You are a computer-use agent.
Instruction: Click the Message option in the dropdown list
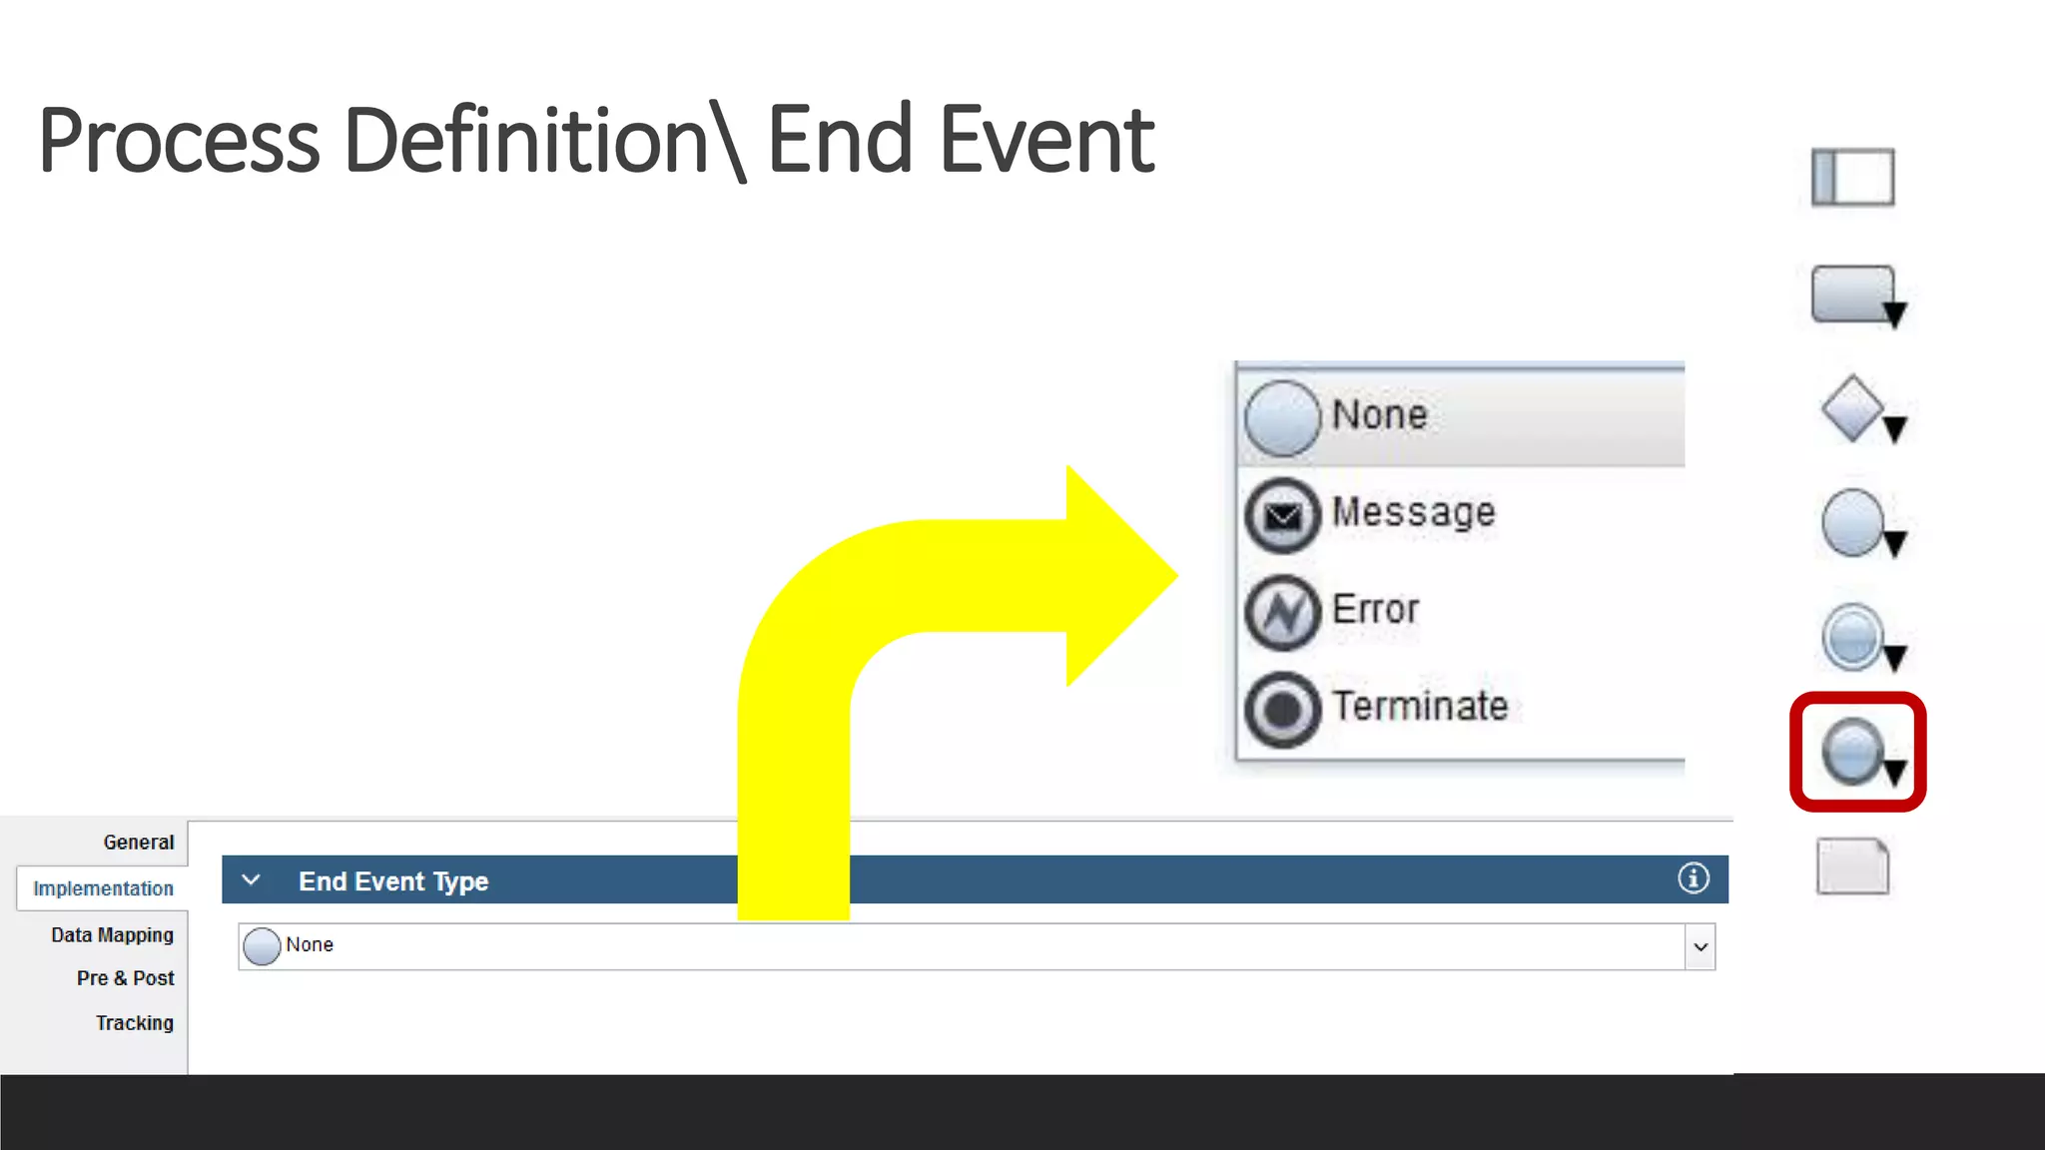1413,513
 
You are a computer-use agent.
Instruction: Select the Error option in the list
1375,610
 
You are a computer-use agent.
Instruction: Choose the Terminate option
1419,707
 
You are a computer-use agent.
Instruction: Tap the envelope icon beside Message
1283,515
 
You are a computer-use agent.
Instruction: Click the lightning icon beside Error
1283,612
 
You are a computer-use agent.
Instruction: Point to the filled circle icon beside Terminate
1283,710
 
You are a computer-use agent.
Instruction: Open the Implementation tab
103,888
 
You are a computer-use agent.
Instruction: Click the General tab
138,843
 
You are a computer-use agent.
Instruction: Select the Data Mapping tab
112,935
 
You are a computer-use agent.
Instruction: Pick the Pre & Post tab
125,978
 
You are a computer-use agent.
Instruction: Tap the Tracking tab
134,1023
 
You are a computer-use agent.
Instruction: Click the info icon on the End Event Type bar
1693,878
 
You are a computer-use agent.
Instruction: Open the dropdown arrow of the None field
1700,946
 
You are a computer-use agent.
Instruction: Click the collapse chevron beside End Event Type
251,880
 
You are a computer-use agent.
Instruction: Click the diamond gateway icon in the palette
1853,408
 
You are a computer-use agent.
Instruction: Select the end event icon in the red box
1854,752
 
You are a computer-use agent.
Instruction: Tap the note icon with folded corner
1852,865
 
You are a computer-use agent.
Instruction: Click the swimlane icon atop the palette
1852,177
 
